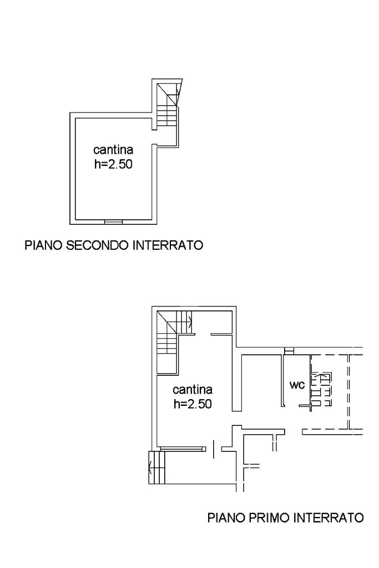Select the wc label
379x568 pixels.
pyautogui.click(x=297, y=385)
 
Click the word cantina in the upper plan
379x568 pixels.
pyautogui.click(x=113, y=149)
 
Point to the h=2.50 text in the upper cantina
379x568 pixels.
pyautogui.click(x=113, y=164)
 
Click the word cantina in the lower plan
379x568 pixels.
pyautogui.click(x=193, y=389)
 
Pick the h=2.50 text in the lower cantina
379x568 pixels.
pyautogui.click(x=193, y=404)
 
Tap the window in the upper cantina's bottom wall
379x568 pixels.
pyautogui.click(x=114, y=222)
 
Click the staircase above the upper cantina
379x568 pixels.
pyautogui.click(x=168, y=104)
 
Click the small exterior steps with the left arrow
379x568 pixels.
pyautogui.click(x=156, y=468)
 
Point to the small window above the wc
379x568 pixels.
pyautogui.click(x=289, y=351)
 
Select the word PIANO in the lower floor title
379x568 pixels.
pyautogui.click(x=226, y=517)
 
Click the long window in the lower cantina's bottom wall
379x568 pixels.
pyautogui.click(x=183, y=449)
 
